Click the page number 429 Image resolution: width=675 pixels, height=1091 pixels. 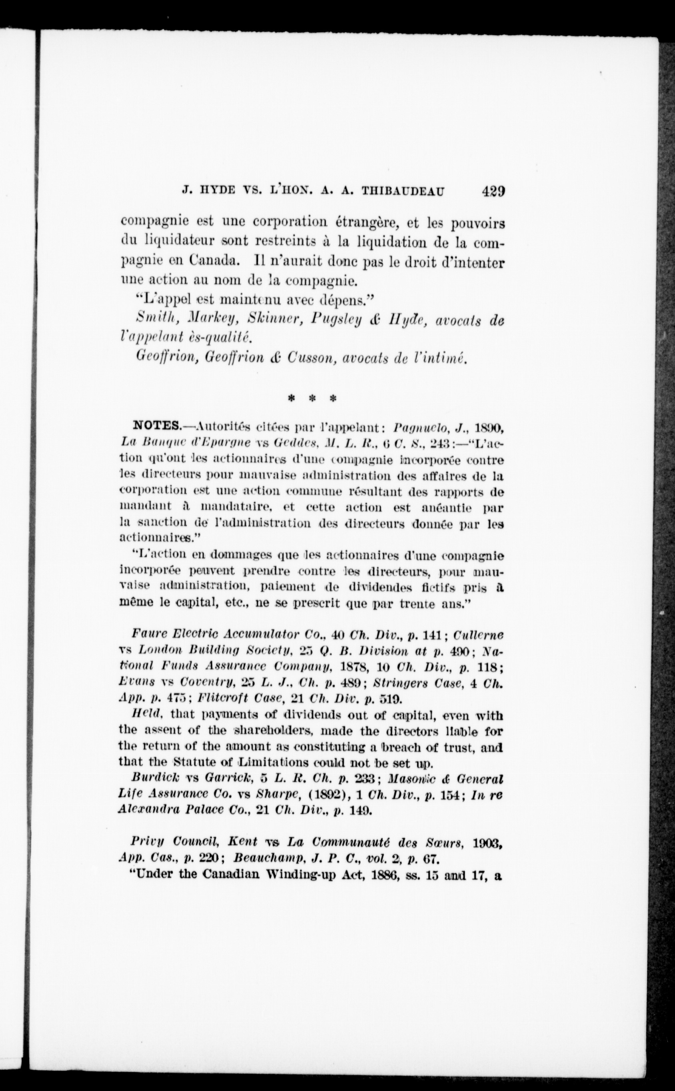pyautogui.click(x=493, y=191)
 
